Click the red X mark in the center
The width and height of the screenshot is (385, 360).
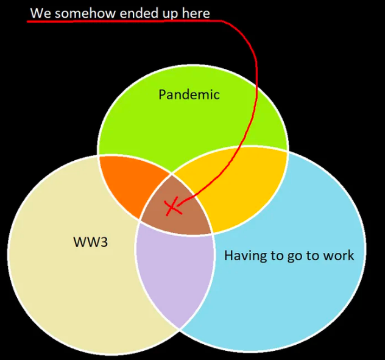coord(172,206)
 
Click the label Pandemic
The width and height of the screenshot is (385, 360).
coord(189,94)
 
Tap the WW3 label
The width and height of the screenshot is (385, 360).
coord(91,242)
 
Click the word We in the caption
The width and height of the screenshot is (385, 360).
coord(41,13)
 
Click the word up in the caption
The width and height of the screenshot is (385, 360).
coord(170,14)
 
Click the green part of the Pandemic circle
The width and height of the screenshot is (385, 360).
coord(189,123)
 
